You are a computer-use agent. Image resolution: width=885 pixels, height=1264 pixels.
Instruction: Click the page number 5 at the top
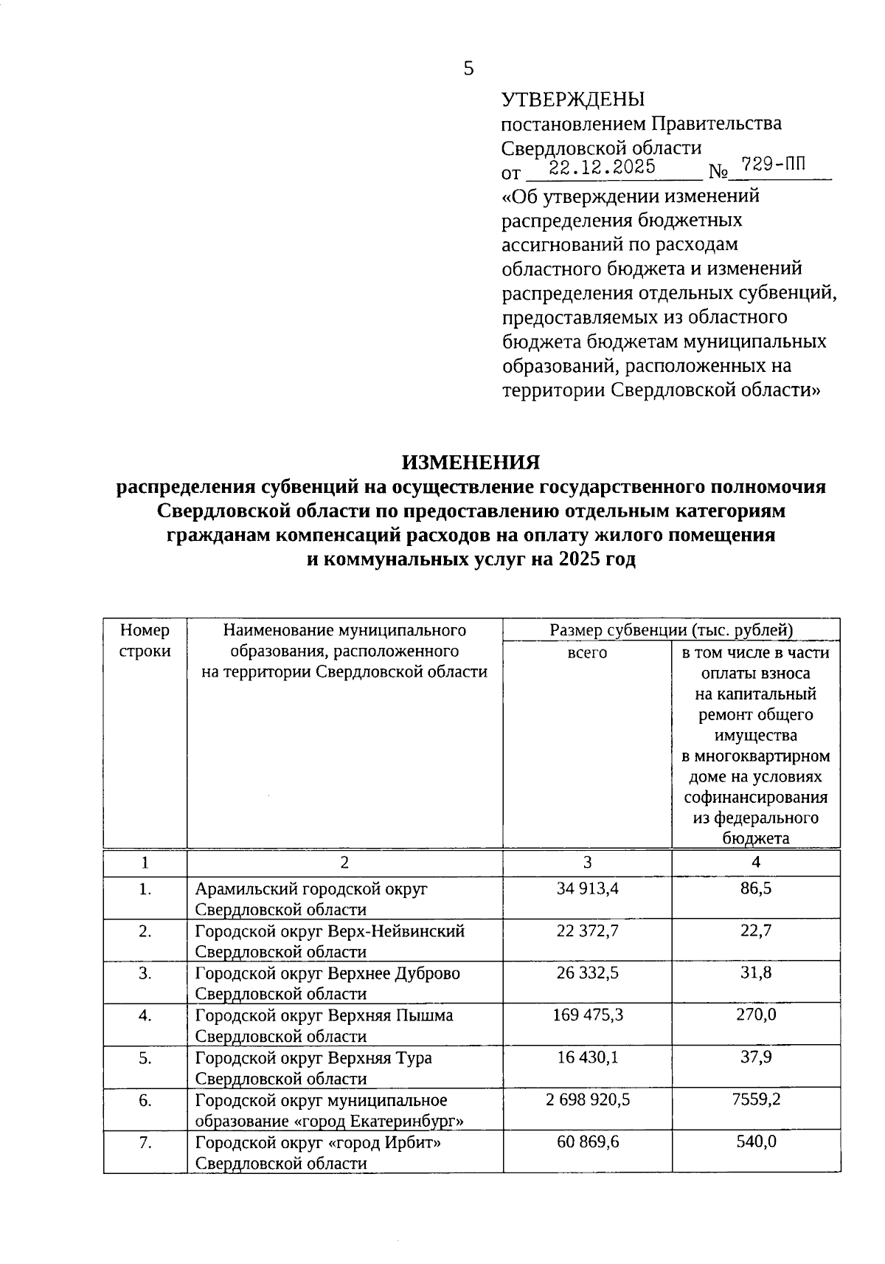[x=468, y=69]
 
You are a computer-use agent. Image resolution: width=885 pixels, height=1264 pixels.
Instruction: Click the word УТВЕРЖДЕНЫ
[x=572, y=99]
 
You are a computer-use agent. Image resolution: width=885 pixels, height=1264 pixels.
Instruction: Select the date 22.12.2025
[x=603, y=168]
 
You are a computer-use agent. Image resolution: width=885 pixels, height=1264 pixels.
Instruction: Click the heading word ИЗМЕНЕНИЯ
[x=471, y=463]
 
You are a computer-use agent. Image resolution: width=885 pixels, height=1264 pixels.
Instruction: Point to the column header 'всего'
[x=587, y=652]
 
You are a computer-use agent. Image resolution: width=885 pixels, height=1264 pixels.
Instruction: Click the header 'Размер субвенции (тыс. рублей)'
[x=671, y=630]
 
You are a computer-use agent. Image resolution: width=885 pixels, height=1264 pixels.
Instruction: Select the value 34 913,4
[x=587, y=888]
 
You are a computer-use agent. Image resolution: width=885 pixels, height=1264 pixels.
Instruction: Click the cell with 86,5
[x=756, y=888]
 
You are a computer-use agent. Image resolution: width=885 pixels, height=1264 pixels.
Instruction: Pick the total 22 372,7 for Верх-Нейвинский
[x=587, y=930]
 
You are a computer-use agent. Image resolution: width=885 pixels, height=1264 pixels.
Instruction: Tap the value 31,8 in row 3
[x=756, y=973]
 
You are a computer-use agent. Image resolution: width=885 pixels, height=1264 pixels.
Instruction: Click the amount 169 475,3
[x=587, y=1015]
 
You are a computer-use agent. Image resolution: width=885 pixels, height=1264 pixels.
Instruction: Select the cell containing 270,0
[x=756, y=1015]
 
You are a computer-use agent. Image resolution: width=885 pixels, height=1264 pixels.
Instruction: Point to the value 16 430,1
[x=587, y=1057]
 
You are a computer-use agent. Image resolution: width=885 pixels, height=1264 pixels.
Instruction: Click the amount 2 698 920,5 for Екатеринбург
[x=587, y=1099]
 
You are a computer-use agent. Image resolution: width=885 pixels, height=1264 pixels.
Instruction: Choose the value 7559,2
[x=756, y=1099]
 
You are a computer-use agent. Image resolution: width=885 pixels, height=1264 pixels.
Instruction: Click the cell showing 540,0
[x=756, y=1142]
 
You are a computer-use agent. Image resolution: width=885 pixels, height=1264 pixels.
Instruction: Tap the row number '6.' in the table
[x=145, y=1100]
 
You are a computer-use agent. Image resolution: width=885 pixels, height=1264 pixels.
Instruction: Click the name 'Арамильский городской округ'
[x=311, y=889]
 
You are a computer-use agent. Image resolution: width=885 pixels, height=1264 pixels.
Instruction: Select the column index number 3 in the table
[x=587, y=863]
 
